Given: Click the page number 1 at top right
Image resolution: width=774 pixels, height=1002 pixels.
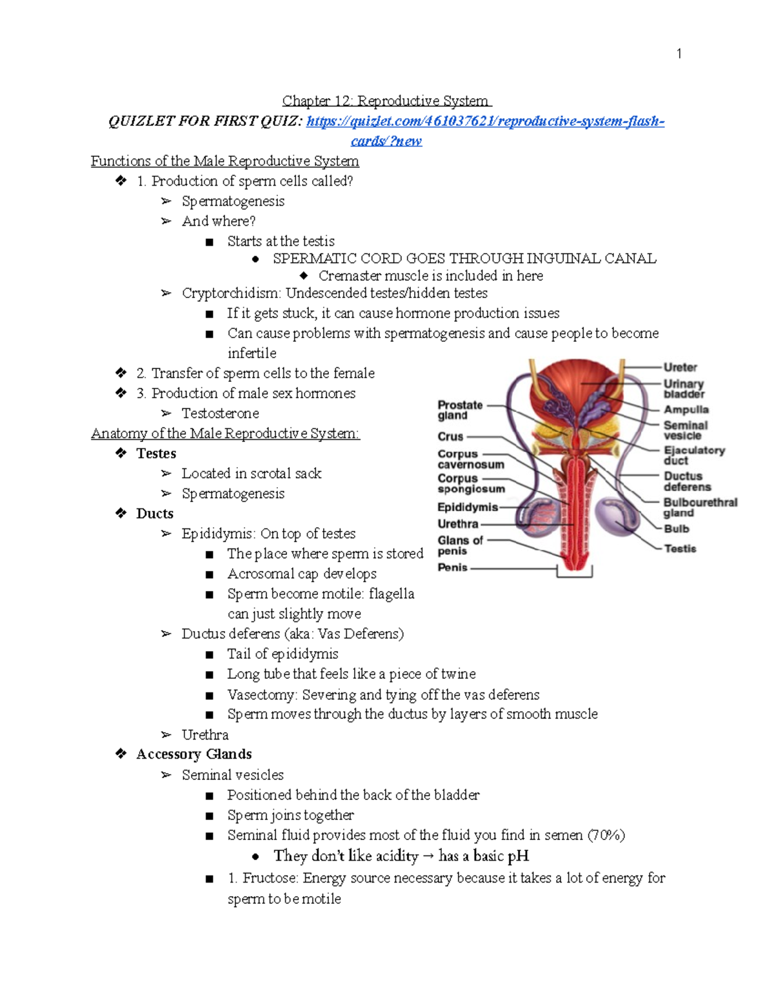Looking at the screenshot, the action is tap(679, 54).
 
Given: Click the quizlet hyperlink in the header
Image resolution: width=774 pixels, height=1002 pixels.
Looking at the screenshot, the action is tap(484, 121).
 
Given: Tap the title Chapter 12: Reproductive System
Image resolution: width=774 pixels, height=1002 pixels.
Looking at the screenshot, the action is tap(386, 101).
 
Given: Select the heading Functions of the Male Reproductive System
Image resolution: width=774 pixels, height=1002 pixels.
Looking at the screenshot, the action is tap(224, 161).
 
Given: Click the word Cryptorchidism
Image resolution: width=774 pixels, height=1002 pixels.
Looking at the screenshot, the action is tap(230, 293).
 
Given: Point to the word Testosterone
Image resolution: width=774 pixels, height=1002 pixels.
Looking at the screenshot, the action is tap(220, 413).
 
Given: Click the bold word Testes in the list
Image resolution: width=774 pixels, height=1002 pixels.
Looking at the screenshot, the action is tap(156, 454).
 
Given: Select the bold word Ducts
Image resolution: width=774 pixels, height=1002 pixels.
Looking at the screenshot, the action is tap(155, 514).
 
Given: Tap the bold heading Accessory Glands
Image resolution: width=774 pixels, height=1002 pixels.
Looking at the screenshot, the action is tap(193, 754).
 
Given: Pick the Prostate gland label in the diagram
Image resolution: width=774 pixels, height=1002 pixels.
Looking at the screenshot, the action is tap(459, 410).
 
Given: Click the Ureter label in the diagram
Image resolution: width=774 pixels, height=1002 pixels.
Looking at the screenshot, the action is tap(680, 367).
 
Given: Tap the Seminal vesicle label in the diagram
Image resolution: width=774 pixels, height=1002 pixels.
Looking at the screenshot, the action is tap(685, 430).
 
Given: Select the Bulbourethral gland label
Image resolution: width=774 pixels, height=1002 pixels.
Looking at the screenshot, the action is tap(700, 507).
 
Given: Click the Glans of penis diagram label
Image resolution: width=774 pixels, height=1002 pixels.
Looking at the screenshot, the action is tap(459, 546).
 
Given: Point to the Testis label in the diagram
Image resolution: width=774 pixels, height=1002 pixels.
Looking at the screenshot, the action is tap(680, 548).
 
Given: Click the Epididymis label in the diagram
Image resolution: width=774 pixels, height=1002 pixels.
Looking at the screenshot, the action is tap(467, 507).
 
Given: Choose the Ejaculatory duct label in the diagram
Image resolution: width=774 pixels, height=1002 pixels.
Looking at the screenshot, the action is tap(693, 455).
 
